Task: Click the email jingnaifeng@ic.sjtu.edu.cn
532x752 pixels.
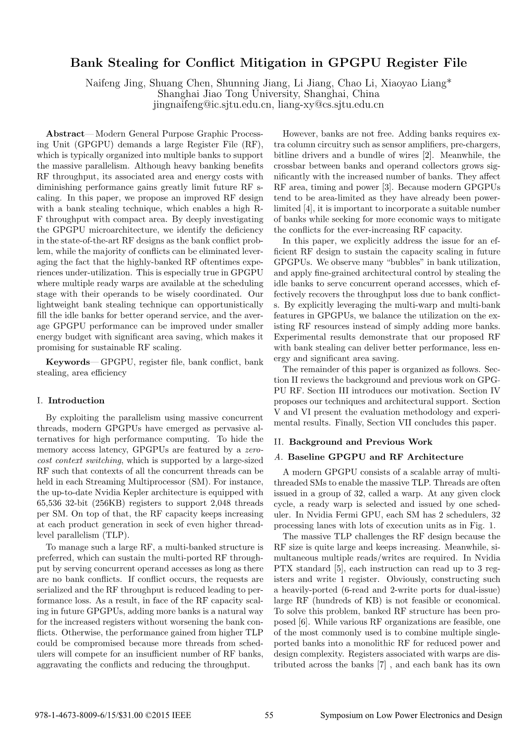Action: (212, 105)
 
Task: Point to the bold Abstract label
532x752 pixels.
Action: (65, 134)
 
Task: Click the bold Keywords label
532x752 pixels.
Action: (68, 362)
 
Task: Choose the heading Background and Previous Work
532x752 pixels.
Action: (360, 442)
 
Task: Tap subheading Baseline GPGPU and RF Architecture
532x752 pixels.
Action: (375, 457)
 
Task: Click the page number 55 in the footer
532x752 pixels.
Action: (269, 715)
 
